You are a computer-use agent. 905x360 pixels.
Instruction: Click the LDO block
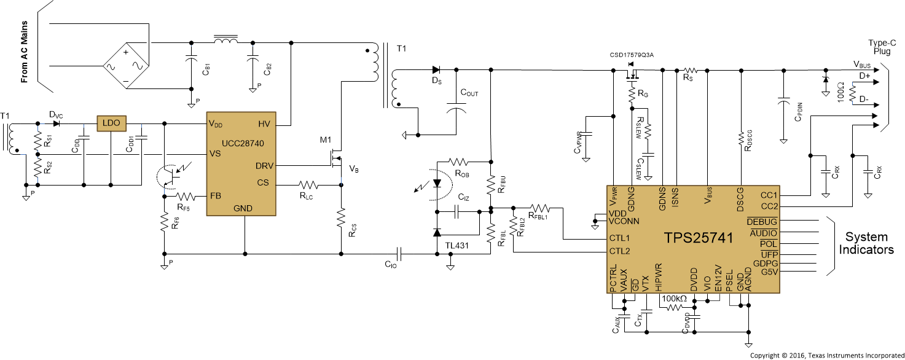point(111,123)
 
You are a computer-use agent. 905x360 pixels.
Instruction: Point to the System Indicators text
point(866,243)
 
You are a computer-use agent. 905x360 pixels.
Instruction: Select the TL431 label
point(458,246)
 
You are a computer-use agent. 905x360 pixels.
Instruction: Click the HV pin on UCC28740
point(265,124)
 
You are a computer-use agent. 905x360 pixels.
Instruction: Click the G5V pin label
point(769,272)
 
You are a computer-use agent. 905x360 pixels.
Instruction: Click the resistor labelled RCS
point(341,217)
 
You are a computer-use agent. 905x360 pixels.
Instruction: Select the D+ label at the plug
point(864,76)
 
